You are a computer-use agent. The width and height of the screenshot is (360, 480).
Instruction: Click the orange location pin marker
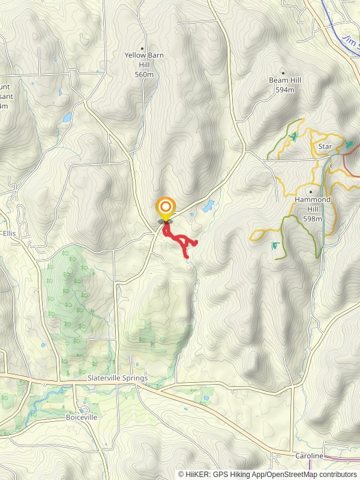point(165,208)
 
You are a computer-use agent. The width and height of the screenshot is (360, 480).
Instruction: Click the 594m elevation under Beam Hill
point(285,90)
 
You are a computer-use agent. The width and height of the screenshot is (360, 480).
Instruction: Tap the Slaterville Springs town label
point(117,379)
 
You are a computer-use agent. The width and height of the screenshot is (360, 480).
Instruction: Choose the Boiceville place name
point(81,417)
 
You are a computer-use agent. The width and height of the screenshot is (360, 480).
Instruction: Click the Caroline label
point(308,456)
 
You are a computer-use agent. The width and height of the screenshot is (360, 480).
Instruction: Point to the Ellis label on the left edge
point(8,233)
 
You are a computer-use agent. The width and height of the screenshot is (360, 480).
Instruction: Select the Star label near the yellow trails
point(325,146)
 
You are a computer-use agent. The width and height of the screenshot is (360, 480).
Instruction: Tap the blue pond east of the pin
point(208,207)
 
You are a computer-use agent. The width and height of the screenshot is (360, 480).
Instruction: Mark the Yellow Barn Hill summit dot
point(143,47)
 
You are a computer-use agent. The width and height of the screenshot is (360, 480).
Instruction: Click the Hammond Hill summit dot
point(311,192)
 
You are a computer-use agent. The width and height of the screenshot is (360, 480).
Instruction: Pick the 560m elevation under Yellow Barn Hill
point(143,75)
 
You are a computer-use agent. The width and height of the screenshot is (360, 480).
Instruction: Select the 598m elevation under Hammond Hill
point(312,219)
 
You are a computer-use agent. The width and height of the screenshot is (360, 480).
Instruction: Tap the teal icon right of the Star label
point(349,145)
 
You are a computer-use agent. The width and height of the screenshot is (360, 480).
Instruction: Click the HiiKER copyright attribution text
point(268,474)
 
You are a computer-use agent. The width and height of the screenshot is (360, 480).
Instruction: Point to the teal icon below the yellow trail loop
point(275,245)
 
